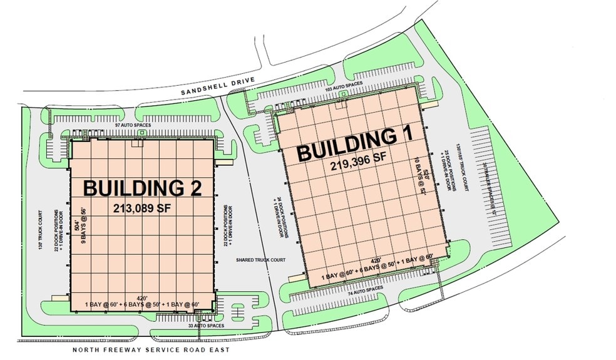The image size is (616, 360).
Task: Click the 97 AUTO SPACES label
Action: (133, 125)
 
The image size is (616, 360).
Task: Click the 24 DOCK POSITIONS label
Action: (279, 217)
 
